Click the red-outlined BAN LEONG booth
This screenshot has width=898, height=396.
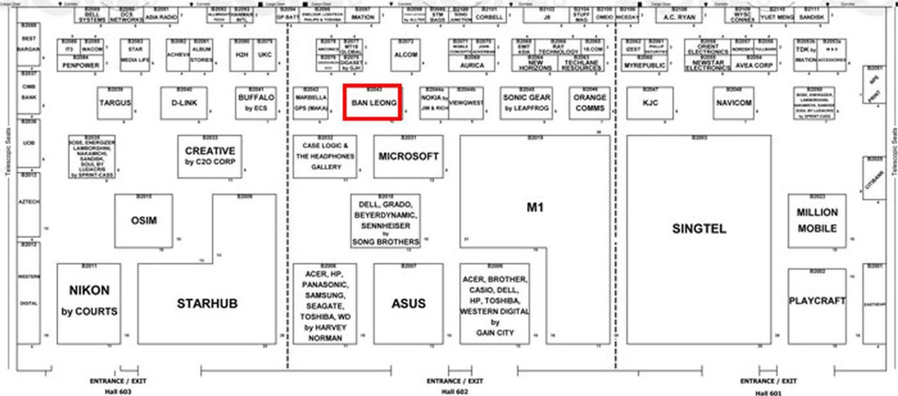(x=373, y=103)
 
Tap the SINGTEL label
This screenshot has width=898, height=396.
(x=699, y=229)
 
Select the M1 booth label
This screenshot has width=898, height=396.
(x=535, y=207)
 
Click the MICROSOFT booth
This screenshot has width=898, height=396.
(x=408, y=157)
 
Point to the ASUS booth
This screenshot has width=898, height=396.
(x=408, y=304)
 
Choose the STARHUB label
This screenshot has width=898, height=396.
(x=207, y=304)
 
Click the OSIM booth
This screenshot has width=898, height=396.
(x=144, y=220)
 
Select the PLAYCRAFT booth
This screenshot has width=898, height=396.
(x=817, y=301)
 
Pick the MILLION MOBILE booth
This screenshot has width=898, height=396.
(x=817, y=220)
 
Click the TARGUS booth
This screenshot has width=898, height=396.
(x=115, y=103)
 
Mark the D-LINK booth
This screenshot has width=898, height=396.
(x=184, y=103)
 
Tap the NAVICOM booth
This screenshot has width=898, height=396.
(x=733, y=103)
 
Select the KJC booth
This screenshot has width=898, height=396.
(x=650, y=103)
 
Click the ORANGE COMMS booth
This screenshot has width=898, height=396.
(x=589, y=103)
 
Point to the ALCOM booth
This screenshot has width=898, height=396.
(x=406, y=55)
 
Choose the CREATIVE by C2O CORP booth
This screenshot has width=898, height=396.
(x=210, y=156)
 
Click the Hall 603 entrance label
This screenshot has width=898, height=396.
(x=118, y=387)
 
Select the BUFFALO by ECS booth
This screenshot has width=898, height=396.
(x=256, y=103)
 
